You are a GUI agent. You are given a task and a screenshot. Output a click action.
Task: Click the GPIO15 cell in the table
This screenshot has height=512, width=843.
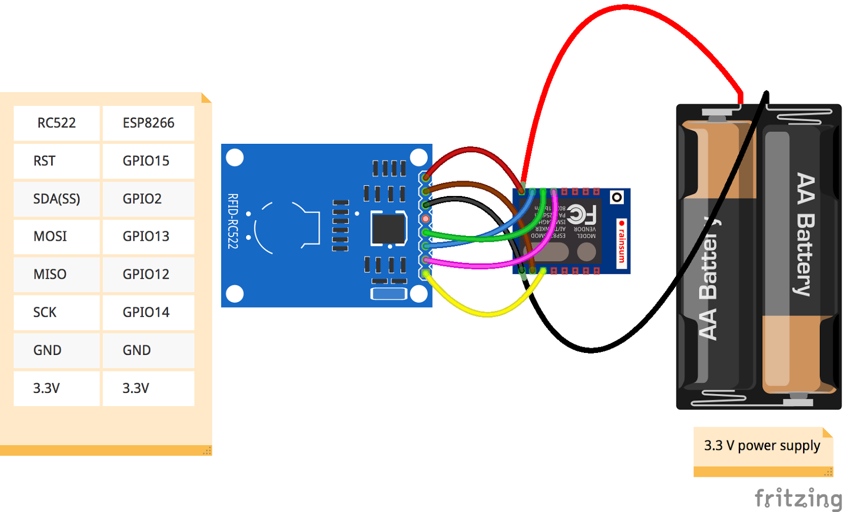click(x=146, y=161)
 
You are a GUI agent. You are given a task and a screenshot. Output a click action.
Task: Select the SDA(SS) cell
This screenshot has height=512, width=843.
click(x=56, y=199)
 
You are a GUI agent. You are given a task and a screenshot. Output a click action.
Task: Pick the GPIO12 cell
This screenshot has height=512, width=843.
click(x=146, y=274)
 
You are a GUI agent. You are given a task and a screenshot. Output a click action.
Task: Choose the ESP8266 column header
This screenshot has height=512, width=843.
click(x=148, y=123)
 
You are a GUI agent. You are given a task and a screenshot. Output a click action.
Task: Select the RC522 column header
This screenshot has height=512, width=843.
click(x=56, y=123)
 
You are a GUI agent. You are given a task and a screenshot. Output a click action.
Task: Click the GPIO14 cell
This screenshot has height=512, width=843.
click(x=146, y=312)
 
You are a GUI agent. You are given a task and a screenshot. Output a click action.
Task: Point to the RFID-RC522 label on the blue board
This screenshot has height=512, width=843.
click(x=232, y=221)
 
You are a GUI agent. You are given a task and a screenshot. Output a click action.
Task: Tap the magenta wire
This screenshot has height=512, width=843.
click(x=474, y=265)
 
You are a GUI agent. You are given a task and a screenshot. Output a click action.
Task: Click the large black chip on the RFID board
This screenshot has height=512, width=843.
click(x=388, y=228)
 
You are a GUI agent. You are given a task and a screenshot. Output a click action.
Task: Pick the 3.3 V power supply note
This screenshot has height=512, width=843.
click(x=762, y=446)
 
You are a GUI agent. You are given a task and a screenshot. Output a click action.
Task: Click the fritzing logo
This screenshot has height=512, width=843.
click(x=798, y=498)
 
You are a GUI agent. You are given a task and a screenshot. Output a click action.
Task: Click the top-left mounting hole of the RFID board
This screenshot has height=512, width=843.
click(x=234, y=157)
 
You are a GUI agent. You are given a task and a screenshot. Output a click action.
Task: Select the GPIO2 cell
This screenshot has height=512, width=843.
click(x=142, y=199)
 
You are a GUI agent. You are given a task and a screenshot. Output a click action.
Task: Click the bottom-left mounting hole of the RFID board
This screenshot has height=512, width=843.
click(x=234, y=293)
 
